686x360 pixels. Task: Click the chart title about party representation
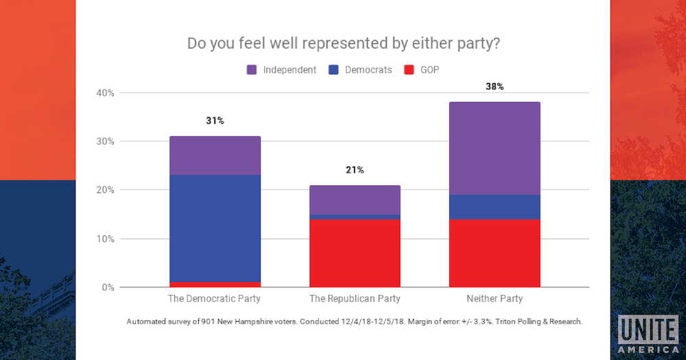(x=343, y=43)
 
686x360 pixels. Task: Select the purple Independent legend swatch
(x=251, y=70)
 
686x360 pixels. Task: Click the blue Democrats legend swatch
(x=333, y=70)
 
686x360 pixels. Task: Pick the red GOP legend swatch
(x=410, y=70)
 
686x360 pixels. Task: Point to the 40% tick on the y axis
(x=106, y=93)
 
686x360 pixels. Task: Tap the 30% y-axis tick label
(x=106, y=141)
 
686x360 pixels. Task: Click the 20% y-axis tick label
(x=106, y=190)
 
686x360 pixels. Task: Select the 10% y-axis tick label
(x=106, y=239)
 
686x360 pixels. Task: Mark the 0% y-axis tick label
(x=108, y=287)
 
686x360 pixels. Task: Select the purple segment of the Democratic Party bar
(x=215, y=156)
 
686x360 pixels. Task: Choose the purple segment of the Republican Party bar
(x=355, y=200)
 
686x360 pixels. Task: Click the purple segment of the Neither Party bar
(x=495, y=148)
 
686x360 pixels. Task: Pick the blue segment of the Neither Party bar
(x=495, y=206)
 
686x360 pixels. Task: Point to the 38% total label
(x=495, y=87)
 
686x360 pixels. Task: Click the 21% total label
(x=355, y=170)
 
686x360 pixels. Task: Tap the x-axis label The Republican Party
(x=355, y=299)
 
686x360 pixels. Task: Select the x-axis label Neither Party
(x=495, y=299)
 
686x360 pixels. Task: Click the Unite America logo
(x=648, y=335)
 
